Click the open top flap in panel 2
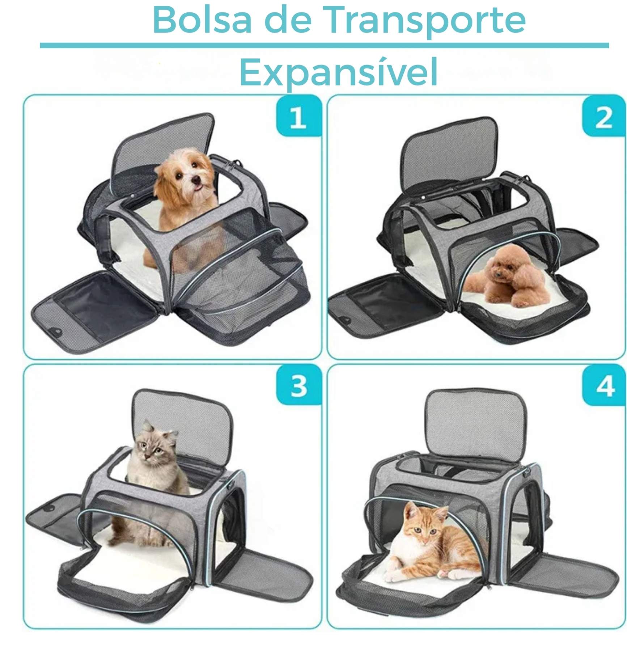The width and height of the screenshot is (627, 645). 449,154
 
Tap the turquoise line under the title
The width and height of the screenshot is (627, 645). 324,46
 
